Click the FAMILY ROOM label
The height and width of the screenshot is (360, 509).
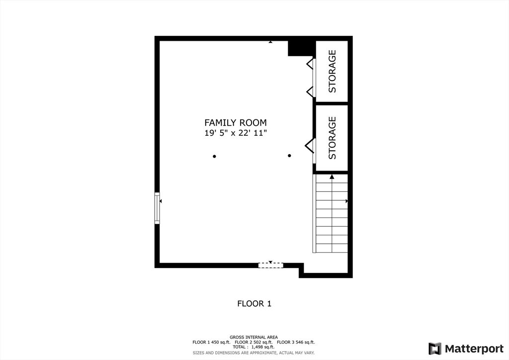click(x=235, y=123)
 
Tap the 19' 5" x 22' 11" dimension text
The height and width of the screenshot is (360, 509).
click(x=235, y=133)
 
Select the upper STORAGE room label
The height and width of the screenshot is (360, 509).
click(x=332, y=71)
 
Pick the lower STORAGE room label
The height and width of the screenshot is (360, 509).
click(x=332, y=138)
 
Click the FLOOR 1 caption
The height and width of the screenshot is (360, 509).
click(x=254, y=303)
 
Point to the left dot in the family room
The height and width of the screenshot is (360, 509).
click(x=214, y=157)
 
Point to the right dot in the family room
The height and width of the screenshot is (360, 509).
click(x=289, y=156)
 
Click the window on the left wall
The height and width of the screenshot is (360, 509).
click(x=157, y=208)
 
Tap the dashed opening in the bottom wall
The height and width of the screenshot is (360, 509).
click(x=271, y=265)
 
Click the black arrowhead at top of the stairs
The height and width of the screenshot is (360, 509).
click(x=332, y=177)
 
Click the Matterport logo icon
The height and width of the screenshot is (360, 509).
click(x=434, y=349)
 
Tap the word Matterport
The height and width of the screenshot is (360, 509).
click(x=474, y=349)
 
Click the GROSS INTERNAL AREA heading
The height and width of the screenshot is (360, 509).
click(x=254, y=337)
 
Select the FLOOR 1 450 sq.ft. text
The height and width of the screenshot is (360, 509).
click(x=211, y=342)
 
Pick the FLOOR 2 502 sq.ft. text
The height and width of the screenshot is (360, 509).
click(x=254, y=342)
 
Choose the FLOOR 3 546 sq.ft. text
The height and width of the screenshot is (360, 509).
click(x=296, y=342)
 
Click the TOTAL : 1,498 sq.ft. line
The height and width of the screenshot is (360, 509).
click(x=254, y=347)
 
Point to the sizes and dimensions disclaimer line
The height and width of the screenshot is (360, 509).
click(x=254, y=353)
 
